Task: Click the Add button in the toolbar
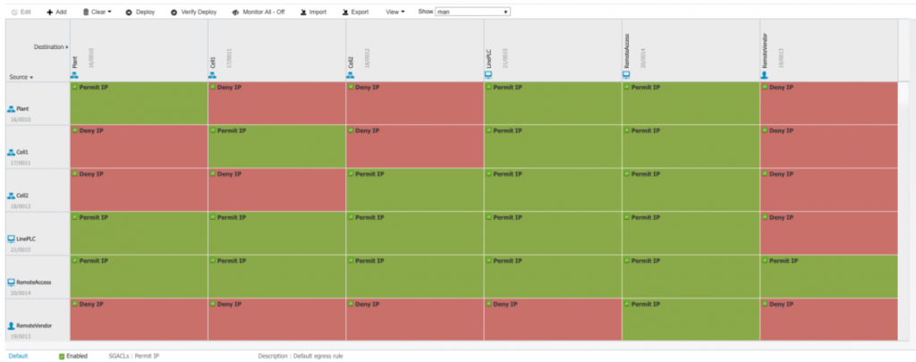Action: click(x=55, y=13)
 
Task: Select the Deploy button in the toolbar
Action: click(x=140, y=13)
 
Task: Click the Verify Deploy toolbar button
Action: click(x=193, y=13)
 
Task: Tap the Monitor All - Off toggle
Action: click(x=258, y=13)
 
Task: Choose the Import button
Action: click(x=312, y=13)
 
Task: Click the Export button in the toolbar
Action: click(x=355, y=13)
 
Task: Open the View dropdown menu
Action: click(x=394, y=13)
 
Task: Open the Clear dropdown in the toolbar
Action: click(x=98, y=13)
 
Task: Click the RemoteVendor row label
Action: click(x=34, y=327)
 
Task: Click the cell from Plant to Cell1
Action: click(x=276, y=103)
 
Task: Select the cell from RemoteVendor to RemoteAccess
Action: click(x=690, y=319)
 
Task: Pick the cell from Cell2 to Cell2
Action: click(x=414, y=189)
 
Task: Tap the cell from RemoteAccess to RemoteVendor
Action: click(x=827, y=276)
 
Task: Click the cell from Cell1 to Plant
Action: click(x=139, y=147)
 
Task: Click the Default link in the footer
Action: click(x=19, y=356)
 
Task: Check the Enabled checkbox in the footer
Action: click(x=62, y=356)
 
